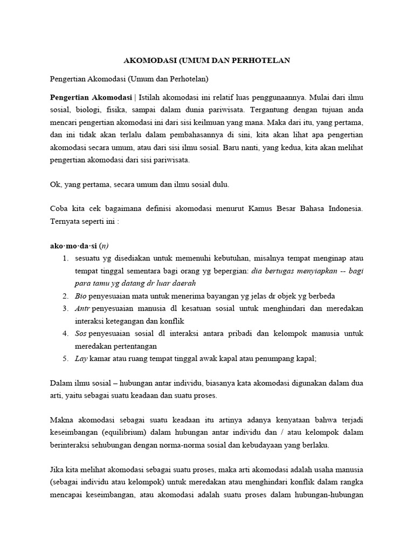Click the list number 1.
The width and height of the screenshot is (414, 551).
click(x=64, y=259)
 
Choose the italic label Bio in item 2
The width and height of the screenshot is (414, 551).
click(x=80, y=296)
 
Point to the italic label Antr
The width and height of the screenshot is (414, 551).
click(x=82, y=308)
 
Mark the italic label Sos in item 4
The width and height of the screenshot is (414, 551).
click(x=81, y=333)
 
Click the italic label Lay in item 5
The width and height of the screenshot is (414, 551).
click(x=81, y=358)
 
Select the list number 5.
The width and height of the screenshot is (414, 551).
click(x=64, y=358)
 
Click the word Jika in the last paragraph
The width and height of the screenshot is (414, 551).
click(x=57, y=470)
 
